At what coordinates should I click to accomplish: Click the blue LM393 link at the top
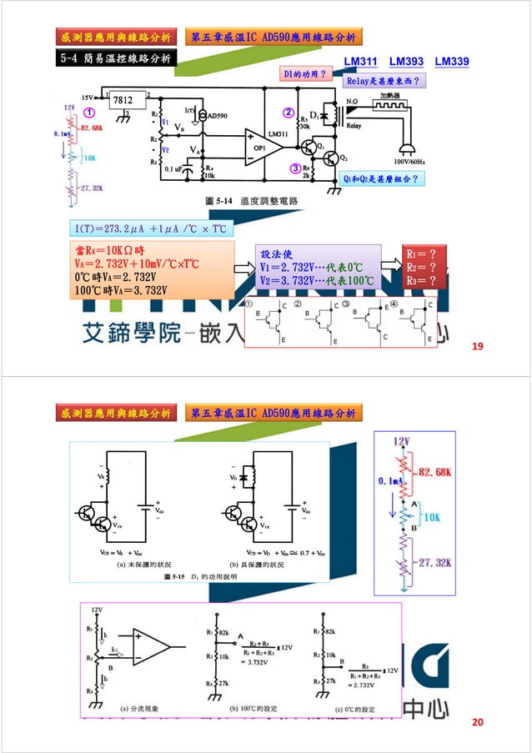(406, 62)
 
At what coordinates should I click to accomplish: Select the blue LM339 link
(451, 62)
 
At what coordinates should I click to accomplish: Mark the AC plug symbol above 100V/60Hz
(409, 148)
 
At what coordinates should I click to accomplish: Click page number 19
(478, 345)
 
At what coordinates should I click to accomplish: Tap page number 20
(478, 721)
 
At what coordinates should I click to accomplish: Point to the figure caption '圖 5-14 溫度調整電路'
(252, 202)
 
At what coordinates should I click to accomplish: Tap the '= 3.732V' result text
(243, 662)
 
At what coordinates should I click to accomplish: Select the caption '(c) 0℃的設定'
(354, 709)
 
